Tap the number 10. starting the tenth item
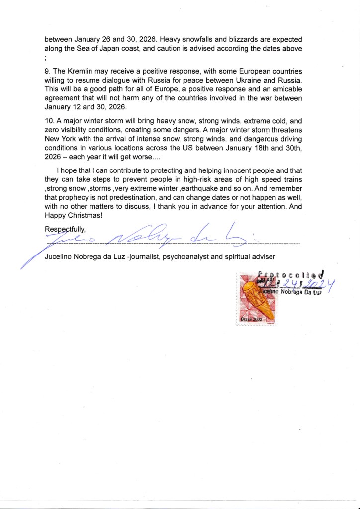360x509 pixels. click(49, 121)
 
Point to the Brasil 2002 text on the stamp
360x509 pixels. click(251, 319)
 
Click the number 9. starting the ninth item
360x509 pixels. click(47, 71)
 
